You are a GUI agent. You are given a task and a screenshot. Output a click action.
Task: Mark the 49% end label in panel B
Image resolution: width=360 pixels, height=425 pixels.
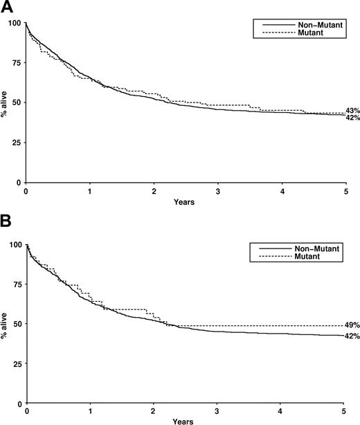click(352, 325)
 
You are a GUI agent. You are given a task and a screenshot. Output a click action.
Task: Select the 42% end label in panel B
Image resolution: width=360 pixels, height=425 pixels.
click(352, 336)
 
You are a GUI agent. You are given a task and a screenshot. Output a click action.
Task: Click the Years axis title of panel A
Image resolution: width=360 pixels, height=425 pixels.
click(185, 203)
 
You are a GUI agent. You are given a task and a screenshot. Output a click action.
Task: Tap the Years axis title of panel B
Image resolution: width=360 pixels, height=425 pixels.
click(185, 419)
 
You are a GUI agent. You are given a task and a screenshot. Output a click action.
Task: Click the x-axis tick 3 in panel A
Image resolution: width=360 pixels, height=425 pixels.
click(218, 192)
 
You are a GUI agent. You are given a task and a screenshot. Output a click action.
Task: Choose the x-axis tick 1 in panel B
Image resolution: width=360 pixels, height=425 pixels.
click(90, 409)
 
